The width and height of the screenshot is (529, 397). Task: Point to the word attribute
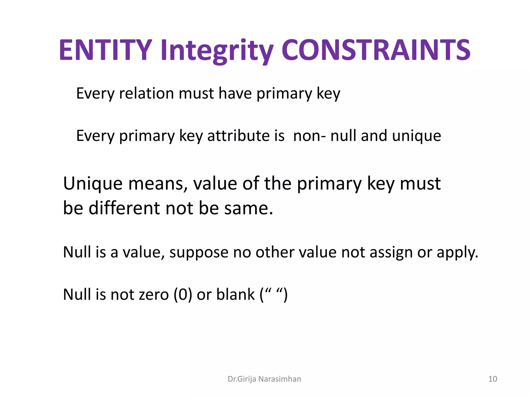pos(246,136)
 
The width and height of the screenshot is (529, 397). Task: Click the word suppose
pos(199,252)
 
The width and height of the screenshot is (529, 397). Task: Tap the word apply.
pos(457,253)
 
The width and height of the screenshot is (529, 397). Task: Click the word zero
pos(154,295)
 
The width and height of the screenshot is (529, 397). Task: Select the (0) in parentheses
pos(183,295)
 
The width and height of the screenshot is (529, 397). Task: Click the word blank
pos(235,295)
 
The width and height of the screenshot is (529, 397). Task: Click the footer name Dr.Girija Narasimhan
pos(264,379)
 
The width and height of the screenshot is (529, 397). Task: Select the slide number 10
pos(493,379)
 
